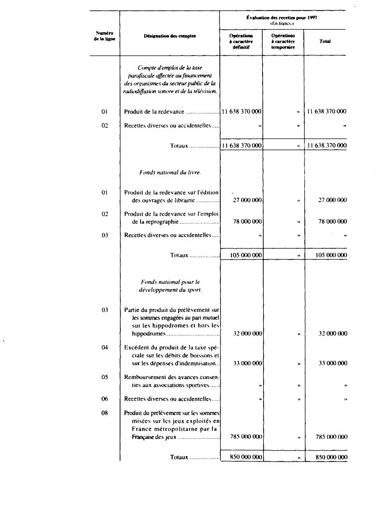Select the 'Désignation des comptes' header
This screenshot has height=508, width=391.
[x=170, y=35]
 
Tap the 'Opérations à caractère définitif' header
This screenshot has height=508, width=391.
[x=241, y=41]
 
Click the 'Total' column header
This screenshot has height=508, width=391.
[x=325, y=41]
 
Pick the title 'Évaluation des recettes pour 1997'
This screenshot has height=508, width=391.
[x=283, y=18]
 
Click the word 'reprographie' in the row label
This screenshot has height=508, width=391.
[x=154, y=223]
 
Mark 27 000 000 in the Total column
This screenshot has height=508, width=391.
[x=332, y=200]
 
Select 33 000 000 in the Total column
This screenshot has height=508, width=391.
[x=332, y=364]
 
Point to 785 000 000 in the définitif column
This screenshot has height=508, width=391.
[x=246, y=437]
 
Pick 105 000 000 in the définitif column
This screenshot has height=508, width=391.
[x=246, y=255]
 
